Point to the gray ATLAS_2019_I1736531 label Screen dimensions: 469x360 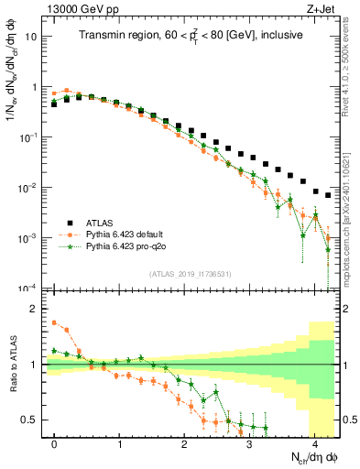[x=188, y=274]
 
